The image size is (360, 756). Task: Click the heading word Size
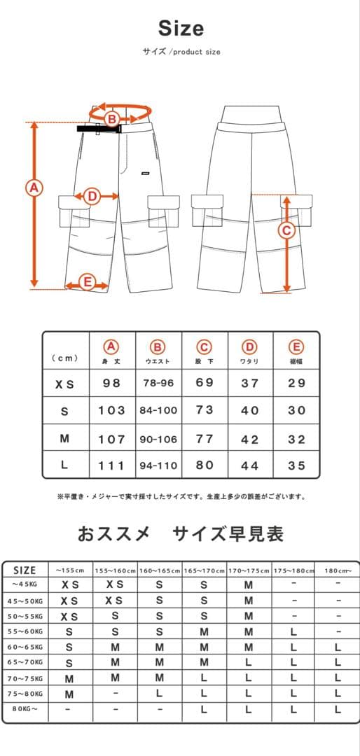tap(181, 29)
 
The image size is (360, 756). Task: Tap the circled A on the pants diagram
tap(34, 188)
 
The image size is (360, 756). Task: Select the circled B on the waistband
tap(112, 118)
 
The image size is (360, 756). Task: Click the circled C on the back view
tap(286, 230)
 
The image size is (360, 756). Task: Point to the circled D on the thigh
tap(92, 196)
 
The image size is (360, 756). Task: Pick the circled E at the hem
tap(88, 282)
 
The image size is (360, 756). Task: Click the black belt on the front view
tap(99, 129)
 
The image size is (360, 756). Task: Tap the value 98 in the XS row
tap(111, 383)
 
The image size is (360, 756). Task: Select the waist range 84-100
tap(158, 410)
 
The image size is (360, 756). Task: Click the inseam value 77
tap(204, 439)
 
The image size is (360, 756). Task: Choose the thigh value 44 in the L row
tap(250, 465)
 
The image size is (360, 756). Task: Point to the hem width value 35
tap(296, 465)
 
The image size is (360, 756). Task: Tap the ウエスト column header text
tap(158, 361)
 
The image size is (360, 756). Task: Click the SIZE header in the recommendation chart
tap(25, 570)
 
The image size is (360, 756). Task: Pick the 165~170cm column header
tap(204, 571)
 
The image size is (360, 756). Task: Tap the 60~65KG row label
tap(25, 647)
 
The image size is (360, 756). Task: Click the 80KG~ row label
tap(25, 709)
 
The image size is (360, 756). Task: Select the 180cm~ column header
tap(338, 571)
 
